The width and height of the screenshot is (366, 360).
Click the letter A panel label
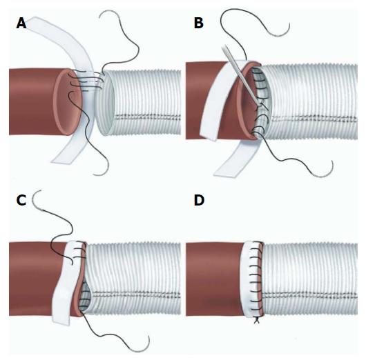point(21,23)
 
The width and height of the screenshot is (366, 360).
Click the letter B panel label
point(199,23)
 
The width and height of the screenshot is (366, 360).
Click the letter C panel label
point(21,200)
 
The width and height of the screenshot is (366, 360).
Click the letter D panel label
point(199,200)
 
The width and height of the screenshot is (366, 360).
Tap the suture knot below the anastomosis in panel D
point(257,321)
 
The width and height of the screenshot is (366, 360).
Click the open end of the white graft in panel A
point(106,103)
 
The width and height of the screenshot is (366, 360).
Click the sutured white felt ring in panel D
point(250,280)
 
